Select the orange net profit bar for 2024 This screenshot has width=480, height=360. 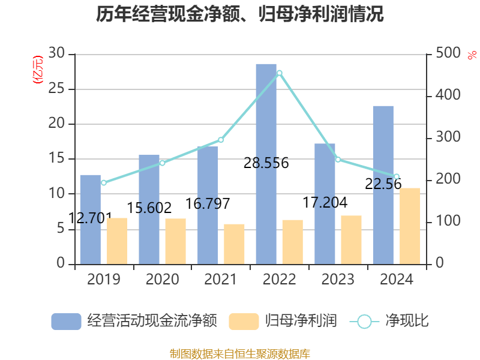click(x=410, y=226)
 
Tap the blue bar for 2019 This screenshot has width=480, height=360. click(x=90, y=219)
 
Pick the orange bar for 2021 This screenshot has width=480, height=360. click(x=234, y=244)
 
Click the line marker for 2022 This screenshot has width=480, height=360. click(x=279, y=73)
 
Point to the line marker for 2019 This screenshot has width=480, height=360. click(x=103, y=183)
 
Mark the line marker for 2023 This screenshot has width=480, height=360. click(x=338, y=160)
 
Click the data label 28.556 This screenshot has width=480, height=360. click(x=266, y=163)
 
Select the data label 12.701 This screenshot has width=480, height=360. click(x=90, y=218)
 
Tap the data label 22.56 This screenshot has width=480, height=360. click(x=383, y=184)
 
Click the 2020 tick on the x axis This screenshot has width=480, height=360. click(x=162, y=280)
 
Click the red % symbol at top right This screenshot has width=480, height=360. click(x=472, y=55)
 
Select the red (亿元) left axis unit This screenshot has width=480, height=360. click(x=37, y=69)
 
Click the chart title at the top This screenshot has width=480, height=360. click(x=240, y=14)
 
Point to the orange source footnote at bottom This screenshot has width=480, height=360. click(x=240, y=353)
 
